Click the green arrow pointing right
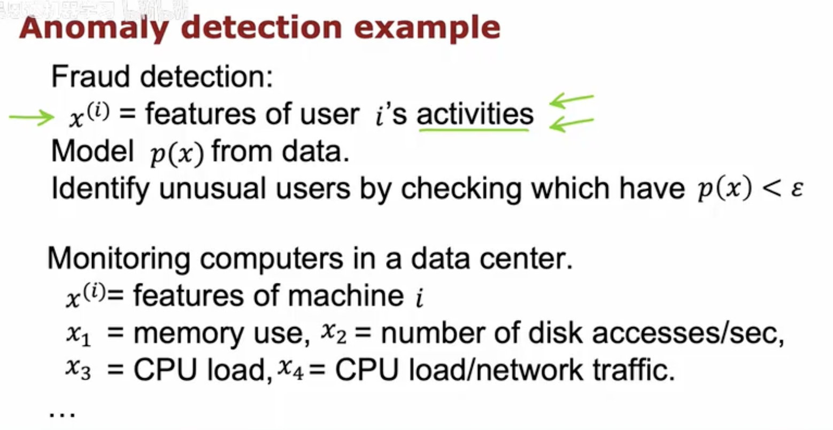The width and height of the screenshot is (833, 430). tap(32, 118)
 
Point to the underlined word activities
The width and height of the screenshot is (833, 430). tap(475, 114)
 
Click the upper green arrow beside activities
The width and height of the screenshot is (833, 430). tap(572, 100)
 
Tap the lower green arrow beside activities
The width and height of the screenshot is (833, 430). tap(572, 124)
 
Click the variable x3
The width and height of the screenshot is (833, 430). tap(78, 370)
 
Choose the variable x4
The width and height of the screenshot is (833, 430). tap(290, 370)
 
